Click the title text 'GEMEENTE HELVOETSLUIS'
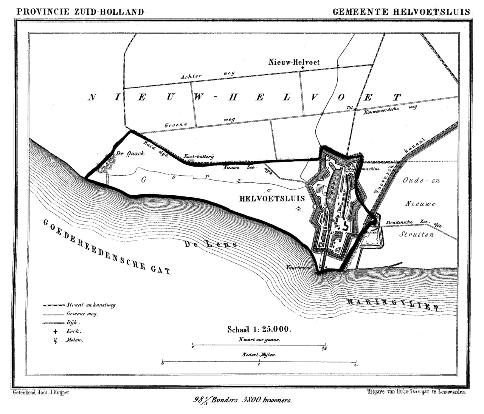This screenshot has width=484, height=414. [x=401, y=12]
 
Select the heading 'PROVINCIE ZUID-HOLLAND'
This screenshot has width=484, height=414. [x=80, y=12]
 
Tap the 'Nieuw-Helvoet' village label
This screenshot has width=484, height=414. [x=293, y=62]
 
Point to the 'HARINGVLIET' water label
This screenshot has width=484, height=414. [x=393, y=304]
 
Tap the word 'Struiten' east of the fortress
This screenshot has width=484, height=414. [x=416, y=235]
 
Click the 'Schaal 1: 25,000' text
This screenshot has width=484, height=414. [x=259, y=329]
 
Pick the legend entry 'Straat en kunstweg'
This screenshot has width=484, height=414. [x=91, y=305]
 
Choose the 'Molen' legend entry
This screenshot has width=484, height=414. [x=74, y=340]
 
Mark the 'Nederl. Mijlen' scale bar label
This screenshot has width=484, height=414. [x=259, y=355]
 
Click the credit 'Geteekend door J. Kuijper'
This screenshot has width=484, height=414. [x=41, y=392]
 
